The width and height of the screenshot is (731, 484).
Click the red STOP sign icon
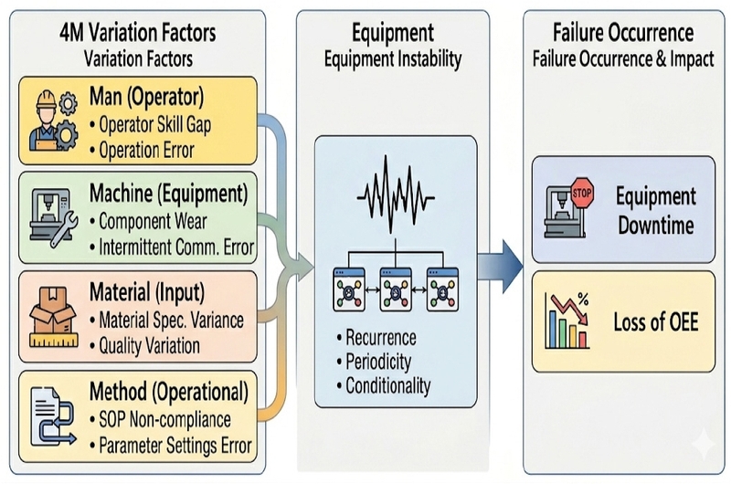coord(582,193)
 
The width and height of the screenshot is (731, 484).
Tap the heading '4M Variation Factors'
coord(138,33)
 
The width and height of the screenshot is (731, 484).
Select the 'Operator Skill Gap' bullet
coord(151,124)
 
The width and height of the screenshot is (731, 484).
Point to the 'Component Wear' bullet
coord(149,221)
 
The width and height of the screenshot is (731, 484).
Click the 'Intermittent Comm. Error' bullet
coord(172,247)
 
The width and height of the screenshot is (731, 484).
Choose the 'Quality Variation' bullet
coord(145,346)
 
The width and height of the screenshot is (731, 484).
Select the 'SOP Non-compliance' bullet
coord(161,420)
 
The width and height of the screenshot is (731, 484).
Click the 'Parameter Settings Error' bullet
coord(171,446)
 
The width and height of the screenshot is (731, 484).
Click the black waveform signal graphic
coord(396,195)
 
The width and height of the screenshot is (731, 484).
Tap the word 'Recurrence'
coord(381,338)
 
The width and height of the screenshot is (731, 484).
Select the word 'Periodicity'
coord(378,362)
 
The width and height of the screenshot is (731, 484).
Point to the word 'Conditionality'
coord(388,386)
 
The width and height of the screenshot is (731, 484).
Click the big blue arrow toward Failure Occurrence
coord(500,267)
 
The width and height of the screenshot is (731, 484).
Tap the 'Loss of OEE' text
coord(656,321)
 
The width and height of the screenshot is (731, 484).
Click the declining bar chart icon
coord(567,321)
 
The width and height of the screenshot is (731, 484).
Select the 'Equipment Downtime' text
coord(656,211)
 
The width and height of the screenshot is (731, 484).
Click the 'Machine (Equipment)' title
coord(169,194)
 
